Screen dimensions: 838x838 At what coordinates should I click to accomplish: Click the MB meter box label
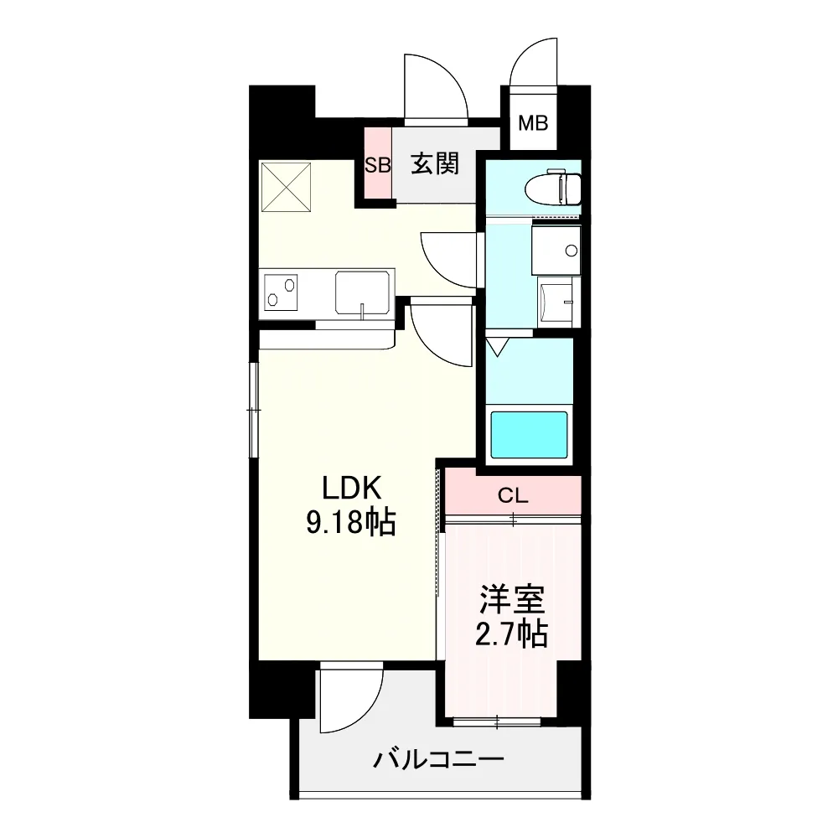tap(533, 123)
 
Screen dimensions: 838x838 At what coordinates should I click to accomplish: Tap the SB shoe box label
tap(378, 165)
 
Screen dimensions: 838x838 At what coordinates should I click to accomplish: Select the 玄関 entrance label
tap(435, 163)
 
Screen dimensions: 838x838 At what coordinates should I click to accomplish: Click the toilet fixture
tap(552, 187)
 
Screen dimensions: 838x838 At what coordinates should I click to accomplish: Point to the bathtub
tap(529, 434)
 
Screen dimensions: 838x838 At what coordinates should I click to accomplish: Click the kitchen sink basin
tap(362, 292)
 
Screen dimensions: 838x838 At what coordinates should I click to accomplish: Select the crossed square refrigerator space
tap(286, 187)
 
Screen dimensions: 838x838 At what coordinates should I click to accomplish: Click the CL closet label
tap(513, 496)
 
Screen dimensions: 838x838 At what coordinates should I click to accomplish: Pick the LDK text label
tap(351, 488)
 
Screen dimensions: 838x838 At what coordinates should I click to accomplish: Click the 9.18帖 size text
tap(350, 522)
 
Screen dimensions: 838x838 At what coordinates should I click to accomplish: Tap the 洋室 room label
tap(512, 599)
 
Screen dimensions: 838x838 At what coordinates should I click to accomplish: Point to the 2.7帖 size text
tap(511, 634)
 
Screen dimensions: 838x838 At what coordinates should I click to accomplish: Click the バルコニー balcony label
tap(438, 759)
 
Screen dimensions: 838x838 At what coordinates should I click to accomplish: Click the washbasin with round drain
tap(556, 250)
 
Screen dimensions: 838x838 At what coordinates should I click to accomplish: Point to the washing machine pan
tap(556, 302)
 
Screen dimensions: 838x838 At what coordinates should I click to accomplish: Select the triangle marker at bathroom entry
tap(497, 347)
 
